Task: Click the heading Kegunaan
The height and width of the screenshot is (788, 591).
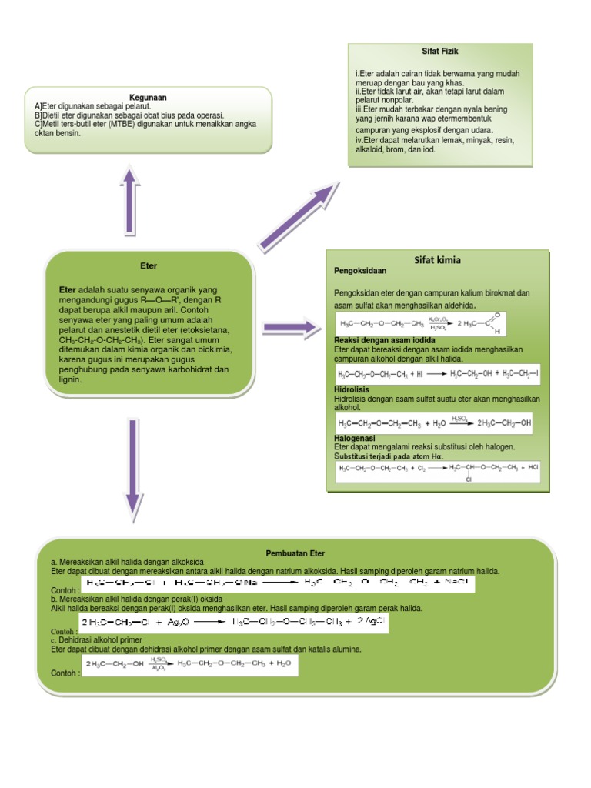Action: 149,98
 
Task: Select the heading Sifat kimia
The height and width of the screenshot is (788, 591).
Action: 437,260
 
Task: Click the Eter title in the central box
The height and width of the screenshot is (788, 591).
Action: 148,266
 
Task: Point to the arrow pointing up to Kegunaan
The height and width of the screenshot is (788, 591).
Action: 130,201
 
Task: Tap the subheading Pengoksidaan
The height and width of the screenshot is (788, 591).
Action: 360,271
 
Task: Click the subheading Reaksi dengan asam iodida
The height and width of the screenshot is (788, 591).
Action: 385,339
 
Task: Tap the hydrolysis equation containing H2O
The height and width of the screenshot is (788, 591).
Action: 435,423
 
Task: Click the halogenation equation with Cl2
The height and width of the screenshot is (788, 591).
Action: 437,471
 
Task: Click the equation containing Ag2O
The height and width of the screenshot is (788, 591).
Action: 234,623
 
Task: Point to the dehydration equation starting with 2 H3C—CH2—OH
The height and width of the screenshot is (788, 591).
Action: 189,666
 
